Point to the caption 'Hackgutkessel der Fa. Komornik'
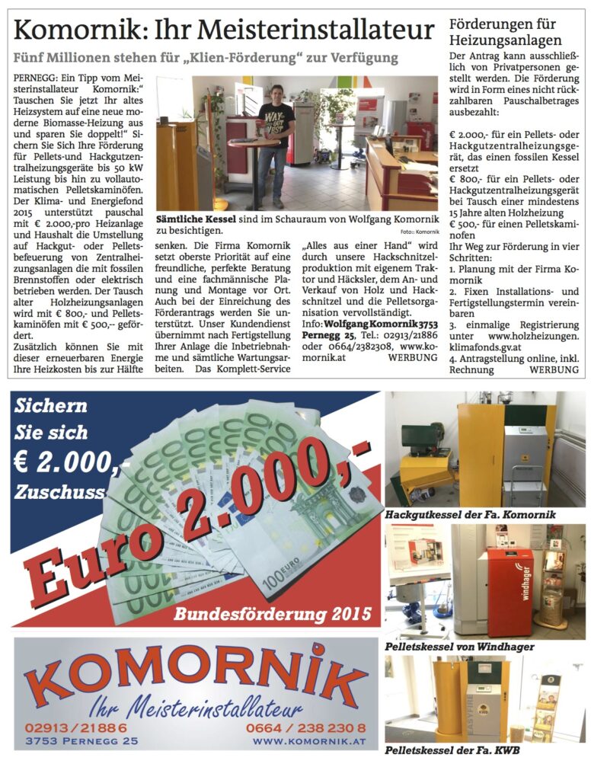click(470, 515)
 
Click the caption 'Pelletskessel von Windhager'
click(459, 647)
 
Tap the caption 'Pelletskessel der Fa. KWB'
click(452, 750)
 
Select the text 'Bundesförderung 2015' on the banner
click(272, 613)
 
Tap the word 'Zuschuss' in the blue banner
click(58, 492)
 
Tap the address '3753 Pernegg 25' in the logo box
click(81, 740)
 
